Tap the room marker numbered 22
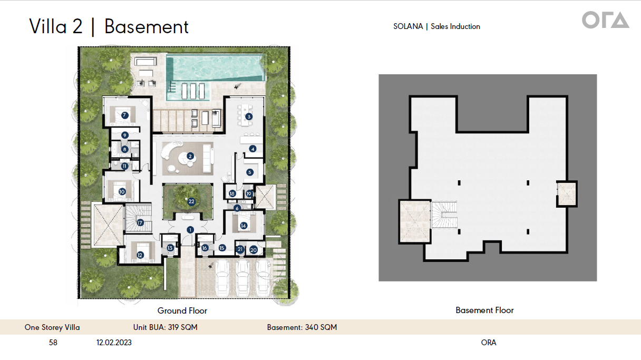pyautogui.click(x=191, y=201)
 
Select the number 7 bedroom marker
pyautogui.click(x=124, y=115)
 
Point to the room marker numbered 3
pyautogui.click(x=249, y=116)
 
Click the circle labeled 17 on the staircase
pyautogui.click(x=140, y=222)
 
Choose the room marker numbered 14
pyautogui.click(x=244, y=226)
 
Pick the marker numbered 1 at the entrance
pyautogui.click(x=190, y=229)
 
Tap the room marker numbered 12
pyautogui.click(x=140, y=255)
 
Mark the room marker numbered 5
pyautogui.click(x=250, y=172)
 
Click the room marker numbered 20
pyautogui.click(x=253, y=250)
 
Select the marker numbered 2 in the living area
pyautogui.click(x=190, y=156)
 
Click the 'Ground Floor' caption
pyautogui.click(x=182, y=311)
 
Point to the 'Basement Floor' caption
pyautogui.click(x=484, y=310)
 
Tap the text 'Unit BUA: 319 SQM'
pyautogui.click(x=166, y=327)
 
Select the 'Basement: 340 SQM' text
pyautogui.click(x=302, y=327)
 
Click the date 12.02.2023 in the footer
pyautogui.click(x=114, y=343)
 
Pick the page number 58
pyautogui.click(x=53, y=343)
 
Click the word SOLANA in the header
pyautogui.click(x=408, y=26)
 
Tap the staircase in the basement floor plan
pyautogui.click(x=444, y=215)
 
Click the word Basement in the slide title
pyautogui.click(x=147, y=27)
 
